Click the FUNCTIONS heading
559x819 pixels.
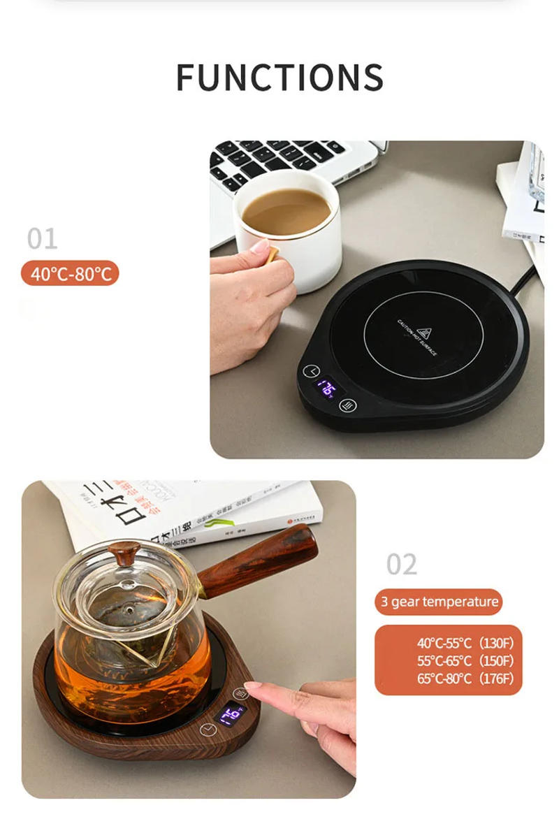279,77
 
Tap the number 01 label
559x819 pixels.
42,239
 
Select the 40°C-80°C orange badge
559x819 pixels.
71,273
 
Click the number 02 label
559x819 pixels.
401,564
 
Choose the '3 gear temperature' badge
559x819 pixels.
439,602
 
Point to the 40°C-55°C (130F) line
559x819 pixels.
465,643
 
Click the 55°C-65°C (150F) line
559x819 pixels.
465,660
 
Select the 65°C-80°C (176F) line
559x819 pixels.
465,679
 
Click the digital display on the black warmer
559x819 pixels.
326,389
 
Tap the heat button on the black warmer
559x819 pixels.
347,405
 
